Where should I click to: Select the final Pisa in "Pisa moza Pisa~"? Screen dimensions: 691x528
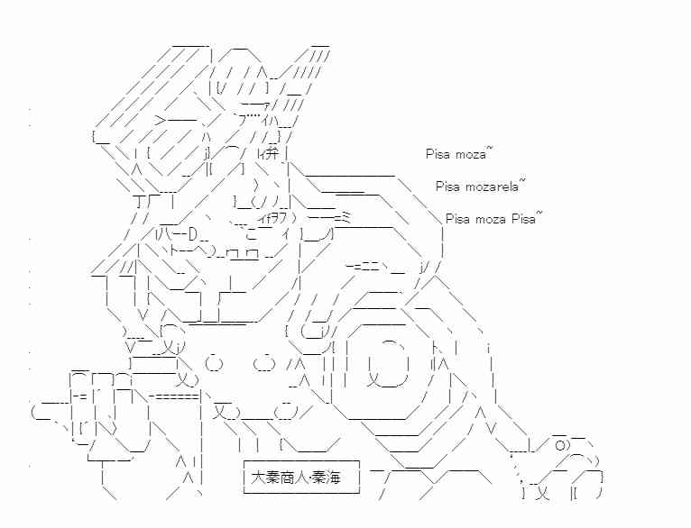(x=523, y=219)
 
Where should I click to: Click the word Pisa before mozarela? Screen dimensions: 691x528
(x=447, y=187)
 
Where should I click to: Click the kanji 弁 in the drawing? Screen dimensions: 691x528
(x=272, y=153)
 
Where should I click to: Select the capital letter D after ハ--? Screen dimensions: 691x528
(x=192, y=234)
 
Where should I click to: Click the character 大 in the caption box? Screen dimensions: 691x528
(x=257, y=478)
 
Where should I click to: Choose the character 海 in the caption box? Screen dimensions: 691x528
(x=334, y=478)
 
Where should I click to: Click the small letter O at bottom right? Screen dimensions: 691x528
(x=559, y=446)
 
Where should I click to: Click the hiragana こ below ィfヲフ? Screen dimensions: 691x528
(x=252, y=233)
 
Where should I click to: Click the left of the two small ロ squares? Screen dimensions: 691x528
(x=232, y=254)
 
